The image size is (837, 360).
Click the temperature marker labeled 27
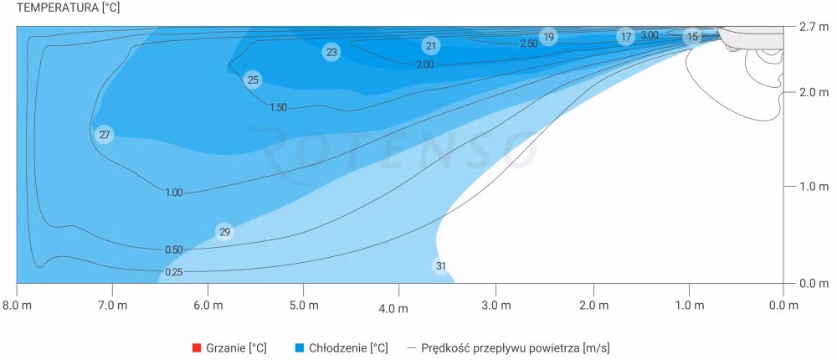pyautogui.click(x=105, y=134)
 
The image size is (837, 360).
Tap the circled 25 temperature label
pyautogui.click(x=253, y=80)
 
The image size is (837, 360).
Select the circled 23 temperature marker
pyautogui.click(x=331, y=52)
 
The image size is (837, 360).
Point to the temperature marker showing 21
pyautogui.click(x=430, y=45)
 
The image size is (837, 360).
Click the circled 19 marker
pyautogui.click(x=548, y=37)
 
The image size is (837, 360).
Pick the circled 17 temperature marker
pyautogui.click(x=626, y=37)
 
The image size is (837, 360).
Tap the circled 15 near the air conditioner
pyautogui.click(x=692, y=37)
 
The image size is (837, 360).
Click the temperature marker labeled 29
pyautogui.click(x=224, y=232)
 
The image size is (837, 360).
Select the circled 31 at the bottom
pyautogui.click(x=441, y=266)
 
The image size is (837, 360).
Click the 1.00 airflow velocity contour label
pyautogui.click(x=173, y=193)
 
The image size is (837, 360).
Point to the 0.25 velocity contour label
pyautogui.click(x=174, y=272)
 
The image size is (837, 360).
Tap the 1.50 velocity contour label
pyautogui.click(x=279, y=107)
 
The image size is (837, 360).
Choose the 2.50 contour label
pyautogui.click(x=529, y=44)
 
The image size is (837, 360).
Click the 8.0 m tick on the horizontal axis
pyautogui.click(x=17, y=305)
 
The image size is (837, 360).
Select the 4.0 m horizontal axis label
pyautogui.click(x=393, y=309)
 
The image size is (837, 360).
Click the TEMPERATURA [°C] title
pyautogui.click(x=60, y=8)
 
